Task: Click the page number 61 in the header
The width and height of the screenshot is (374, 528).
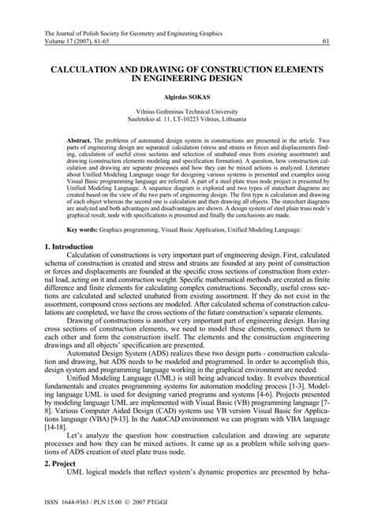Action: tap(324, 42)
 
